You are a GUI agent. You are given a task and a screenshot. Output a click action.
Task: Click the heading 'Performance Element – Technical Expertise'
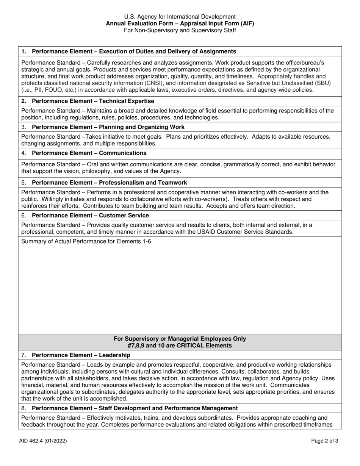(x=93, y=101)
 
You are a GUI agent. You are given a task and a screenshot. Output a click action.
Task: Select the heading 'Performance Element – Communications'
(x=89, y=153)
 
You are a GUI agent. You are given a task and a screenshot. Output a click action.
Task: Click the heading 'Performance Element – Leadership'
(x=81, y=355)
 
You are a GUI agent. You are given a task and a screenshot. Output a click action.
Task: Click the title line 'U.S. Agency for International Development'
(x=180, y=17)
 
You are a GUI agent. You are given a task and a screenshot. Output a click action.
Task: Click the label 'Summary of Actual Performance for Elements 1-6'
(x=86, y=241)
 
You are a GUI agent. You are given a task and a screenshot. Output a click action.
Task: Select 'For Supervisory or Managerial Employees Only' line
(x=180, y=339)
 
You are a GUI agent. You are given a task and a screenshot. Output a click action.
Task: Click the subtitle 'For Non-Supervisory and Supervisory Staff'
(x=180, y=30)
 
